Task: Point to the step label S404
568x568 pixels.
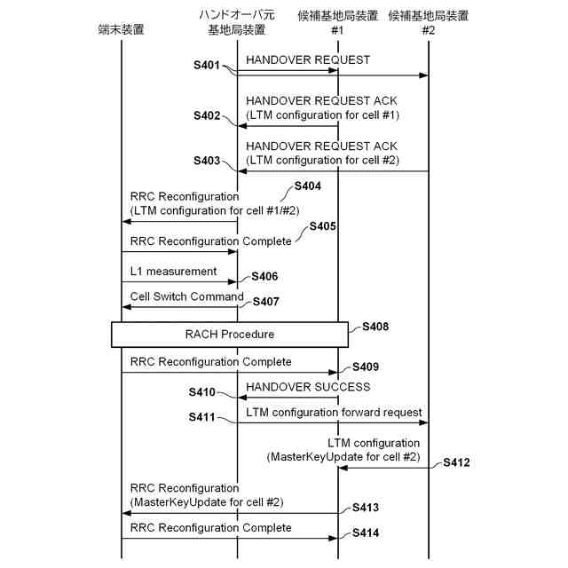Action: pyautogui.click(x=306, y=186)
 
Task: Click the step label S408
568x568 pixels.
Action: pyautogui.click(x=375, y=327)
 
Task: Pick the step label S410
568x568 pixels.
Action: pyautogui.click(x=201, y=391)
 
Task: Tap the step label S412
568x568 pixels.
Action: pyautogui.click(x=456, y=462)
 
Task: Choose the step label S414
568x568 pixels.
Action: pyautogui.click(x=366, y=533)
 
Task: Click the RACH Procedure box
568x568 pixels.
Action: pyautogui.click(x=229, y=335)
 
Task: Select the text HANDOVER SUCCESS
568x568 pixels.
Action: pyautogui.click(x=307, y=387)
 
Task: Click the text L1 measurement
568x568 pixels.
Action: pyautogui.click(x=173, y=271)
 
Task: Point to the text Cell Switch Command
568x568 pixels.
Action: pyautogui.click(x=186, y=296)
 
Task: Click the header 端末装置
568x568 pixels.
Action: pyautogui.click(x=121, y=29)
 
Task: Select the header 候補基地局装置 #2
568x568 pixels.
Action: pyautogui.click(x=429, y=23)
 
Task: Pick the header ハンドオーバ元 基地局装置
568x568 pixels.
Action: pyautogui.click(x=237, y=23)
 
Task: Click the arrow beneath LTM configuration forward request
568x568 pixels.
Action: pyautogui.click(x=333, y=422)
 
